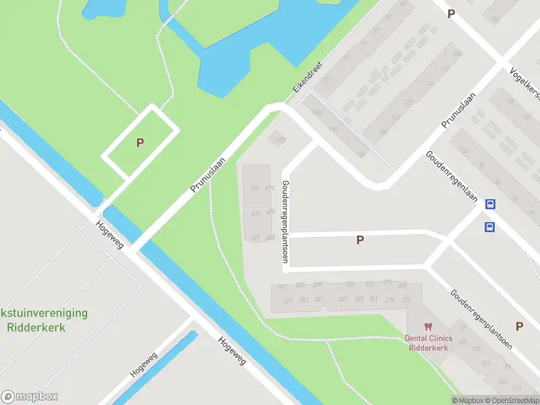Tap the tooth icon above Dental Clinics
point(427,327)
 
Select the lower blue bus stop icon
point(489,227)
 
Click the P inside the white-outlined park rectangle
point(140,143)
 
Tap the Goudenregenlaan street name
point(451,175)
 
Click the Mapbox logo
point(30,397)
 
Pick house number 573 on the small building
point(281,140)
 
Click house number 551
point(255,188)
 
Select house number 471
point(255,238)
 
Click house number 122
point(408,103)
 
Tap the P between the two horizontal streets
point(360,240)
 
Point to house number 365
point(342,299)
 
